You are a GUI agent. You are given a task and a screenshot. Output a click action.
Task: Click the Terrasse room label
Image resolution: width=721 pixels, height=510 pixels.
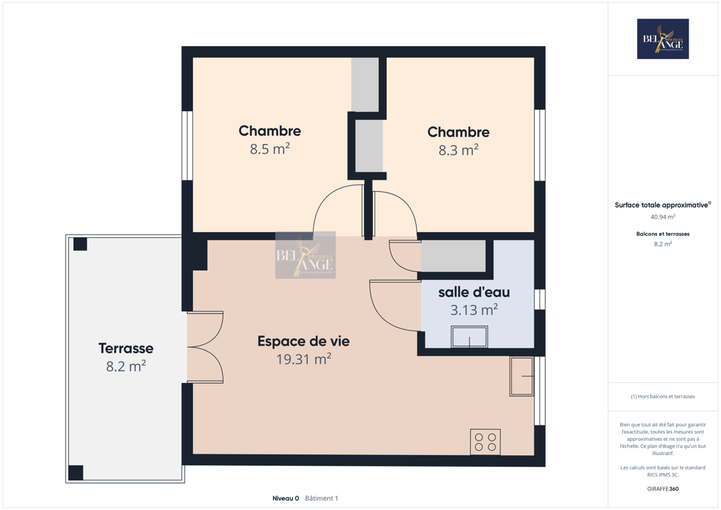click(126, 348)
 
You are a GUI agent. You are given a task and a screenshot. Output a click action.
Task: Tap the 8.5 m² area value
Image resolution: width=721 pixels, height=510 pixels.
click(270, 149)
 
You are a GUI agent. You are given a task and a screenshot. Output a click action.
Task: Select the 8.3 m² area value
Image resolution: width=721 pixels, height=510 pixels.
click(459, 150)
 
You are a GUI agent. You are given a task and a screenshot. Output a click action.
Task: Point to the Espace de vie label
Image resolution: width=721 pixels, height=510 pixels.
click(304, 341)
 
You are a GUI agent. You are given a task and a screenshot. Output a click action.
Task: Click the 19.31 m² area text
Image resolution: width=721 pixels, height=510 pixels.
click(304, 359)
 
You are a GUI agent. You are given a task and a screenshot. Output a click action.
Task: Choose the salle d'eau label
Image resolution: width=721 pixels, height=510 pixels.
click(474, 292)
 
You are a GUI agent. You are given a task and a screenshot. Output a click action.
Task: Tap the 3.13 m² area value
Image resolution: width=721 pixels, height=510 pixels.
click(474, 310)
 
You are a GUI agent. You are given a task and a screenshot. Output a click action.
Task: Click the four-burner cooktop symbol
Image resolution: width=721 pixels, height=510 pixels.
click(485, 441)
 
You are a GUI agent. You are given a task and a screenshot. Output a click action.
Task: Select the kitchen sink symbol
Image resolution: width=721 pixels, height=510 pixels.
click(521, 376)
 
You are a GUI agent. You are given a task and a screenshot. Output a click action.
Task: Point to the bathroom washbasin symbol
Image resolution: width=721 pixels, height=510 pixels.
click(469, 337)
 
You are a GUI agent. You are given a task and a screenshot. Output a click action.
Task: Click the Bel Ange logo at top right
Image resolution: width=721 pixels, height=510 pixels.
click(663, 39)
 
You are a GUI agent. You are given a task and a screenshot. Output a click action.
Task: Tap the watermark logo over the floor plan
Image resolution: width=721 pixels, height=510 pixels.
click(305, 255)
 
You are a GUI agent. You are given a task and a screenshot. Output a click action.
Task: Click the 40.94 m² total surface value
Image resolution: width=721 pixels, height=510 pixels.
click(663, 216)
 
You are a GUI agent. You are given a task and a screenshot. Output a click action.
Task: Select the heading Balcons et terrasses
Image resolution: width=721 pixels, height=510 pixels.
click(663, 234)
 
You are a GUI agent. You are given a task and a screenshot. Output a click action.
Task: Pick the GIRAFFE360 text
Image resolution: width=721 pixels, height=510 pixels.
click(663, 489)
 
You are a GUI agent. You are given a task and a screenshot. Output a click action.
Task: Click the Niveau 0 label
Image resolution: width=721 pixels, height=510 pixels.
click(286, 498)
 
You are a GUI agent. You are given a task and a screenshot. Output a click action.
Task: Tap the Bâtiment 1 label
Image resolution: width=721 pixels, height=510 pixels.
click(322, 498)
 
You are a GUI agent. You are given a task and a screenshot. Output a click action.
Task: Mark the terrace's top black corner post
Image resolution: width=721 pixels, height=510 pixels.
click(80, 244)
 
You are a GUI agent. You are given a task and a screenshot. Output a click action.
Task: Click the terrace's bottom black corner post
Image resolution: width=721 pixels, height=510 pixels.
click(76, 473)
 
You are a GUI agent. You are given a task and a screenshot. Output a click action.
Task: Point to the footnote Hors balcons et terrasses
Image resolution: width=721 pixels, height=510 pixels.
click(663, 397)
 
